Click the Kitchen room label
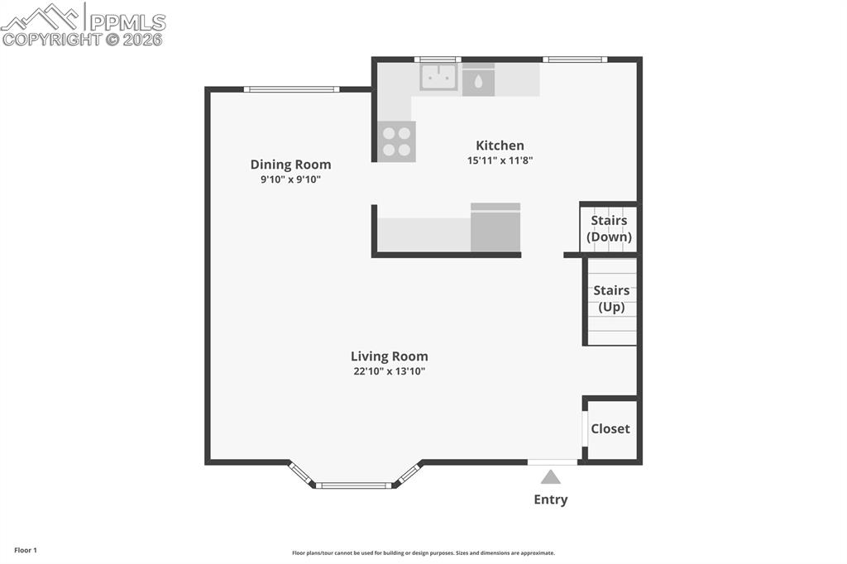[500, 146]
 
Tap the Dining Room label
[290, 165]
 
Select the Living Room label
[390, 356]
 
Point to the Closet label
[610, 429]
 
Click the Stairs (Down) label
[609, 228]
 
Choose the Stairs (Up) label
[611, 299]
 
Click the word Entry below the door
[550, 499]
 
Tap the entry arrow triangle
[550, 477]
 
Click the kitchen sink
[438, 77]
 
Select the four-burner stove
[396, 141]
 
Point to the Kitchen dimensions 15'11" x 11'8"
[500, 160]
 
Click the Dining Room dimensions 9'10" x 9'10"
[290, 179]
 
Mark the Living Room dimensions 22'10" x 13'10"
[390, 371]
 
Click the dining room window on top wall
[292, 89]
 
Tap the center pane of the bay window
[354, 485]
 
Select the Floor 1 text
[26, 551]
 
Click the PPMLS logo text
[127, 22]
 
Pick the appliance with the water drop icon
[479, 80]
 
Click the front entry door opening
[553, 462]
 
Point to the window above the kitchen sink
[438, 60]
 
